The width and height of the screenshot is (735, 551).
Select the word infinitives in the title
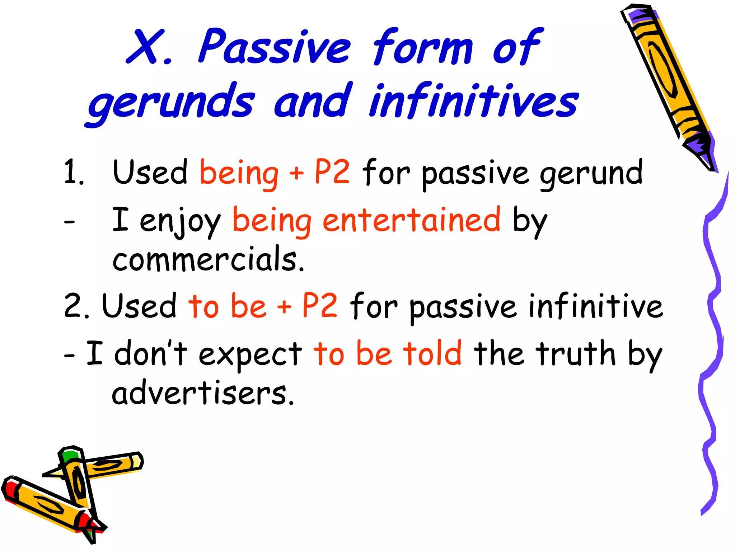pos(474,100)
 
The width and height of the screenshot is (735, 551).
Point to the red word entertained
pos(411,220)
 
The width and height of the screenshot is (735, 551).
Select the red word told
pos(432,353)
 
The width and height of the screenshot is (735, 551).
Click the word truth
pos(578,353)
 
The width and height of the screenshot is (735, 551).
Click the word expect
pos(250,355)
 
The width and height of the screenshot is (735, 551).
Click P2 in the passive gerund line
pos(332,172)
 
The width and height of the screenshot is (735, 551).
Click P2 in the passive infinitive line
pos(320,305)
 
